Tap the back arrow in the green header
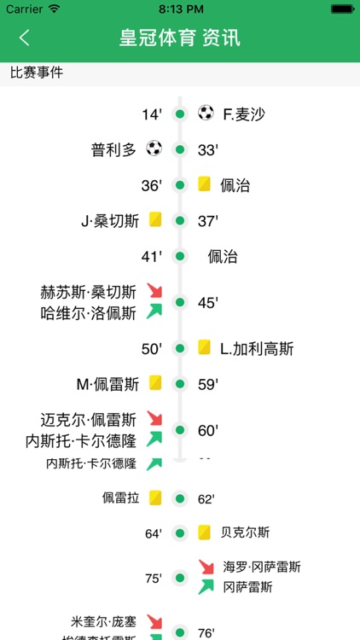(x=24, y=38)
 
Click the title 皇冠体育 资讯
(x=180, y=38)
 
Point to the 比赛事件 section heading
(x=37, y=73)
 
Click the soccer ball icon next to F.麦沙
(x=206, y=113)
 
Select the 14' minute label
(x=152, y=113)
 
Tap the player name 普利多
(x=113, y=149)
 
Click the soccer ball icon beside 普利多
(x=154, y=148)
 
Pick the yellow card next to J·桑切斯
(x=155, y=220)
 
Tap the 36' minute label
(x=152, y=185)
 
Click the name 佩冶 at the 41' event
(x=223, y=257)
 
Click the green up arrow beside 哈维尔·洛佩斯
(x=154, y=311)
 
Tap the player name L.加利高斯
(x=257, y=348)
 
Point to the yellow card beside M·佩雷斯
(x=155, y=383)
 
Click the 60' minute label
(x=208, y=430)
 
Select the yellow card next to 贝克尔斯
(x=205, y=532)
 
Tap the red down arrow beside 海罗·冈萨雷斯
(x=206, y=567)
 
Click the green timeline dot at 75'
(x=180, y=578)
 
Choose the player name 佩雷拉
(x=120, y=497)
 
